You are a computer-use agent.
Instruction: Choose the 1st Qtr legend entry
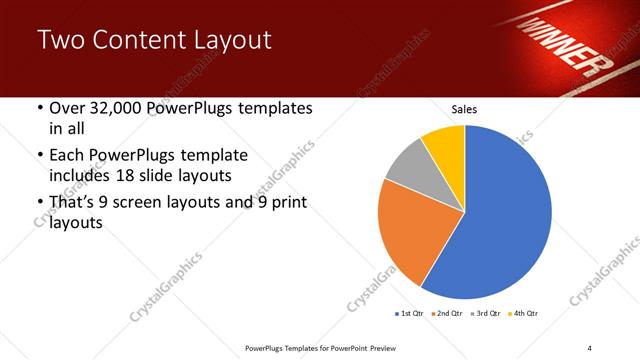pyautogui.click(x=409, y=314)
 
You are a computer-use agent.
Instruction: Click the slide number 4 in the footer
pyautogui.click(x=590, y=347)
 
